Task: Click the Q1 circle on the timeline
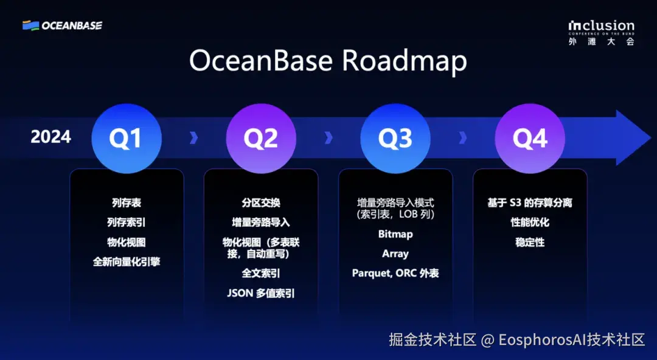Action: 127,138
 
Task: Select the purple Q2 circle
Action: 261,138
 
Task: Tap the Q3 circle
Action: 395,138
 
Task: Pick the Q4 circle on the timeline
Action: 530,138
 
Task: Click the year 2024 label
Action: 50,137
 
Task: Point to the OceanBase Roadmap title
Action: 328,61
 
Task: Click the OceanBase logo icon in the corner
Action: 30,26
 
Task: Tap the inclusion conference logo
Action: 601,33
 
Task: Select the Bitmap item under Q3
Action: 395,234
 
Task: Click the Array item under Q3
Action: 395,254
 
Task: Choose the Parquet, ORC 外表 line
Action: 395,273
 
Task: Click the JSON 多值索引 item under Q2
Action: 261,293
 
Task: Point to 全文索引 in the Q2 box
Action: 261,273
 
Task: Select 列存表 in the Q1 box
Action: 127,203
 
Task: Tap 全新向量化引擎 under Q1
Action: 127,262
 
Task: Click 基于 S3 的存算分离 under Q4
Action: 530,203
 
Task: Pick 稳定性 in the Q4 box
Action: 530,242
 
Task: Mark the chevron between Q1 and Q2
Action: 193,137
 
